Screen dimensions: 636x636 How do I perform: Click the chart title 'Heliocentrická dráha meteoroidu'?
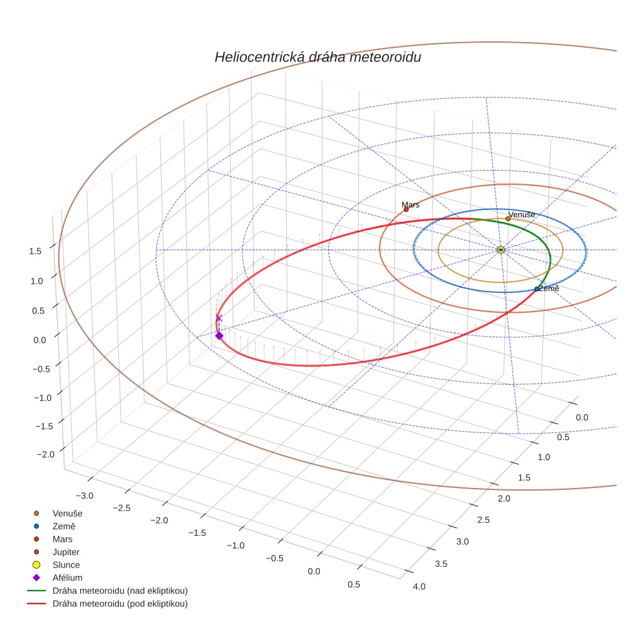(x=317, y=58)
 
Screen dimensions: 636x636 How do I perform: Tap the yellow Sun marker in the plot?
(x=501, y=249)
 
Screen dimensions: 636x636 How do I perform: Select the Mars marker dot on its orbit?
(x=406, y=209)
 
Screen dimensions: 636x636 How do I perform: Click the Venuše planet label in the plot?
(x=521, y=215)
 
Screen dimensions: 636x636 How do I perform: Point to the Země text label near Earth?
(x=549, y=288)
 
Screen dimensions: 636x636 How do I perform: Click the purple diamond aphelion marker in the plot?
(x=219, y=335)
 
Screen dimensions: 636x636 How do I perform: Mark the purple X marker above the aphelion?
(x=218, y=318)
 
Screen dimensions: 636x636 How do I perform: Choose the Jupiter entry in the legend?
(x=66, y=552)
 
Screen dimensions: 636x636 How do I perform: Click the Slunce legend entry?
(x=66, y=565)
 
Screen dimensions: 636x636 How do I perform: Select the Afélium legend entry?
(x=67, y=578)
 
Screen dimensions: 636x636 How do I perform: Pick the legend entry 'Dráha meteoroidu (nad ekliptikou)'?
(x=120, y=591)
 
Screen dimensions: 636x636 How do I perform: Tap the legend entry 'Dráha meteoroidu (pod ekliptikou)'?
(x=120, y=604)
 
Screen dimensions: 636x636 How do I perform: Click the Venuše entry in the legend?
(x=67, y=513)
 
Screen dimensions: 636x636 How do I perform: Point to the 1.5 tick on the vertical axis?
(x=36, y=251)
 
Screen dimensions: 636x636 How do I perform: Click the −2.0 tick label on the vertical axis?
(x=45, y=454)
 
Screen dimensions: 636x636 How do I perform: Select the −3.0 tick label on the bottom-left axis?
(x=84, y=496)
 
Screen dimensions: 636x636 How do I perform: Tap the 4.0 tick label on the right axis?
(x=419, y=586)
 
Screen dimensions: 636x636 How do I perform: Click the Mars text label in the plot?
(x=410, y=204)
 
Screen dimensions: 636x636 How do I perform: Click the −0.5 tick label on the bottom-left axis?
(x=275, y=558)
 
